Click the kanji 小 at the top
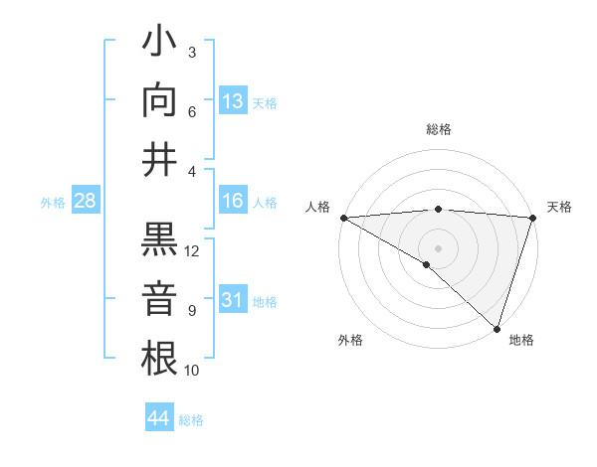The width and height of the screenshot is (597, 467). coord(160,43)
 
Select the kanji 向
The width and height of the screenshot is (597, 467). coord(160,101)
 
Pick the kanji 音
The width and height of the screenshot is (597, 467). coord(160,299)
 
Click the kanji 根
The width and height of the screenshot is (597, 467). coord(160,359)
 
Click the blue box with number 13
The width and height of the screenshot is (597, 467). coord(233,101)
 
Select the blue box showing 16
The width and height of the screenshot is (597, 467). coord(233,201)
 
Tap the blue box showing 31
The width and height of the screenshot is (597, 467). coord(233,300)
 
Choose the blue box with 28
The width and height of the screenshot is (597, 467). coord(86,201)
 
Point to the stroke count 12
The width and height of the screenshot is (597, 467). coord(193,251)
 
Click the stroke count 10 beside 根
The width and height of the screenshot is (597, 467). coord(193,371)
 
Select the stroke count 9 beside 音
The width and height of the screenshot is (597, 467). coord(191,311)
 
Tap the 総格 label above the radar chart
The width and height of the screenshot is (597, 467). coord(439,129)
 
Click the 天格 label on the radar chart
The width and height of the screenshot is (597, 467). coord(559,207)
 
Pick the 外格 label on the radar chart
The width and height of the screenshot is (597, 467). coord(350,340)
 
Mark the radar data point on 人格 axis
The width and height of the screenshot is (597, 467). coord(343,218)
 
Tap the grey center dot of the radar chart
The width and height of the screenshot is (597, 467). coord(438,247)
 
